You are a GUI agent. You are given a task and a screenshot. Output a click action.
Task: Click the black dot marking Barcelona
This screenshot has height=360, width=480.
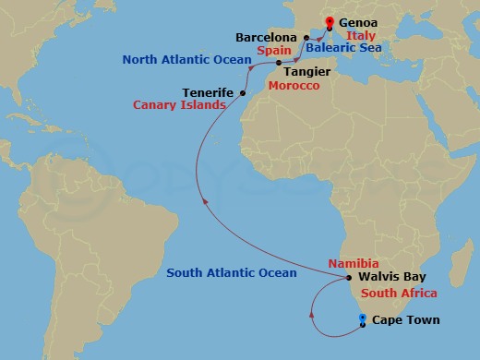[x=306, y=38]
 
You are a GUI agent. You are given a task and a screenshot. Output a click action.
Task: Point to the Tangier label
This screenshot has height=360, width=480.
[x=307, y=70]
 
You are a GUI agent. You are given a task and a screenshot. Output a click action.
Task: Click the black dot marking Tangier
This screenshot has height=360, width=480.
[x=279, y=63]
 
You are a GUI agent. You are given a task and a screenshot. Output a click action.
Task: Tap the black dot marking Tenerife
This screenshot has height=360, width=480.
[x=242, y=93]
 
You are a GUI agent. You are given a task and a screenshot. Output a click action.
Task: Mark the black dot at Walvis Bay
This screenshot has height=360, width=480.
[x=349, y=278]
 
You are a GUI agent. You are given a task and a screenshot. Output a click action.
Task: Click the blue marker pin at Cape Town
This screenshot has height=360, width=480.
[x=362, y=318]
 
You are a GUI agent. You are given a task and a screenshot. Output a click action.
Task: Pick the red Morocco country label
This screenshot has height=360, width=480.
[x=294, y=86]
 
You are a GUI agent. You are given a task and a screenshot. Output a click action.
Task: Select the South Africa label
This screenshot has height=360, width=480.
[x=399, y=294]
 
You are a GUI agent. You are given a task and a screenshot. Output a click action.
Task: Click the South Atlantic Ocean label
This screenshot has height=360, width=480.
[x=232, y=272]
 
